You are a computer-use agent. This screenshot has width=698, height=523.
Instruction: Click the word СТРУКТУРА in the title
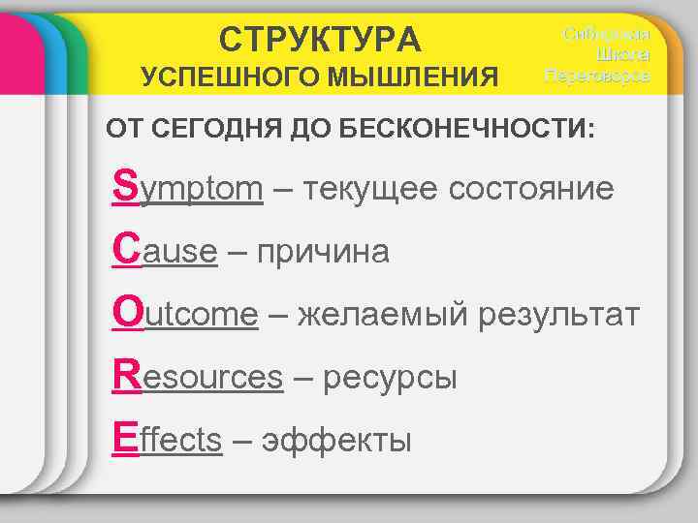pyautogui.click(x=320, y=40)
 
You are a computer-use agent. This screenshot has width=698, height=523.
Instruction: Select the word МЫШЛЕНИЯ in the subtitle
pyautogui.click(x=420, y=77)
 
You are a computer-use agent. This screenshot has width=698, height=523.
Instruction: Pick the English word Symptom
pyautogui.click(x=188, y=187)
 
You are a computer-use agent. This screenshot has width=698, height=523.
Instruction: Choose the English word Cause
pyautogui.click(x=165, y=251)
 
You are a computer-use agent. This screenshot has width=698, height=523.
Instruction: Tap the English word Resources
pyautogui.click(x=199, y=377)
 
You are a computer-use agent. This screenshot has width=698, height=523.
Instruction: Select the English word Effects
pyautogui.click(x=168, y=440)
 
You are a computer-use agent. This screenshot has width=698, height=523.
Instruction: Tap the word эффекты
pyautogui.click(x=335, y=441)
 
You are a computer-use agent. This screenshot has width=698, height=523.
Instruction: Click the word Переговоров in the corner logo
pyautogui.click(x=597, y=75)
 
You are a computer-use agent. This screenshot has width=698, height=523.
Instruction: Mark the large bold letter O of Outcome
pyautogui.click(x=127, y=312)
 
